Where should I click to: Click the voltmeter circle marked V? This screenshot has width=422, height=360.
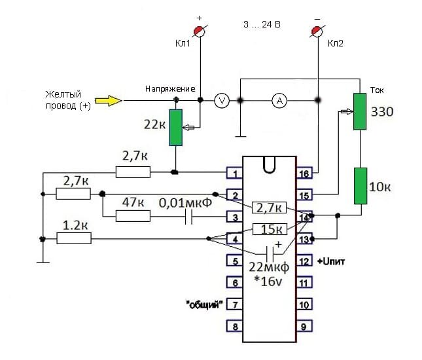pos(222,101)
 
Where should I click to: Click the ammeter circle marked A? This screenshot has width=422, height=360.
pos(279,101)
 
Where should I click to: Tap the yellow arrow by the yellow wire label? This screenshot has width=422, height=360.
pos(108,101)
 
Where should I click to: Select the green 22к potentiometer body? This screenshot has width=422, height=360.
pos(176,128)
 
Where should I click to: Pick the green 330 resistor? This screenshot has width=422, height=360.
pos(360,111)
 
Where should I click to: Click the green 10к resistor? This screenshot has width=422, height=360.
pos(360,186)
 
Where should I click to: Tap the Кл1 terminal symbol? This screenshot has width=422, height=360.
pos(200,31)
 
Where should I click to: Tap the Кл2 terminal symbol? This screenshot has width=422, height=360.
pos(317,31)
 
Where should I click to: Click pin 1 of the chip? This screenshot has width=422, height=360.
pos(234,173)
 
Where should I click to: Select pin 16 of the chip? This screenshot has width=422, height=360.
pos(304,173)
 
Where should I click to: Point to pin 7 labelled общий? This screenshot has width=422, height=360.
pos(234,304)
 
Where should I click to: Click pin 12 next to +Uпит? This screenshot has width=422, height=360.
pos(304,261)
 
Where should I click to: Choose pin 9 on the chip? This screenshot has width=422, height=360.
pos(304,327)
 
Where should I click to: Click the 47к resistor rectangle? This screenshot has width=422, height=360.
pos(133,216)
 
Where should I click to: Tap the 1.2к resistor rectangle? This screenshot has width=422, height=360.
pos(74,238)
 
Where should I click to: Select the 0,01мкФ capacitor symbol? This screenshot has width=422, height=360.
pos(188,217)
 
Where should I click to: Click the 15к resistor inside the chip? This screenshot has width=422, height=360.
pos(270,229)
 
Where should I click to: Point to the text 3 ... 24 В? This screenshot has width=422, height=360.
pos(262,24)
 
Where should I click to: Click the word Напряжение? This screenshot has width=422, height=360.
pos(170,89)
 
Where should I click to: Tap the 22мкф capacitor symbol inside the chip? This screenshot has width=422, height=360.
pos(270,253)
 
